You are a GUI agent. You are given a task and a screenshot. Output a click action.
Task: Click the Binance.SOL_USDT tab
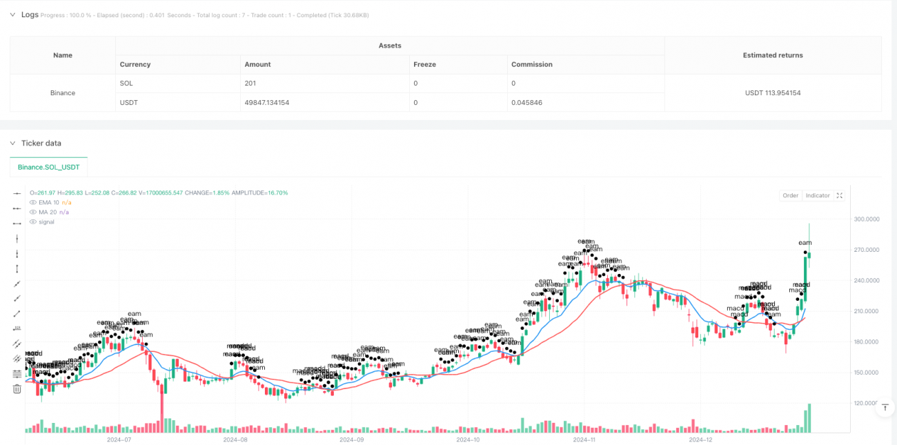coord(49,167)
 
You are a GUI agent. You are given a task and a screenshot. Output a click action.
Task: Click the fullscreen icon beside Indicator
coord(840,196)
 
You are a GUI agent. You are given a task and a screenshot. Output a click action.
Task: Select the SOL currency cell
coord(126,83)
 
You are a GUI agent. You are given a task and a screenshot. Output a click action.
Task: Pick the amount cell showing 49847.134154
coord(267,102)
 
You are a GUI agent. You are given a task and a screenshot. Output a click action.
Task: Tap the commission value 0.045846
coord(526,102)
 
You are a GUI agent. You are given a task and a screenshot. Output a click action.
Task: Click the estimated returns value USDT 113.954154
coord(773,92)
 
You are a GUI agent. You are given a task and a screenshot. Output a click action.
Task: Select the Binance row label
coord(63,92)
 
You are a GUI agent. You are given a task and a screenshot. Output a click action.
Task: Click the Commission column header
coord(531,64)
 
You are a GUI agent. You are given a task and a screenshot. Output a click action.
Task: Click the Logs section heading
coord(30,14)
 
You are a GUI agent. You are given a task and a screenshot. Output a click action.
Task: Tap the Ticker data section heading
coord(41,144)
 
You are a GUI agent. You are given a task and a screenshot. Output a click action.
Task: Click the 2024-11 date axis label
coord(584,439)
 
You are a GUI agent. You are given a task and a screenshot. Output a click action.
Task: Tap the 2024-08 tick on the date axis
coord(235,439)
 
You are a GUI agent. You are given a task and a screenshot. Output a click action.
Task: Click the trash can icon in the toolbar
coord(17,389)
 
